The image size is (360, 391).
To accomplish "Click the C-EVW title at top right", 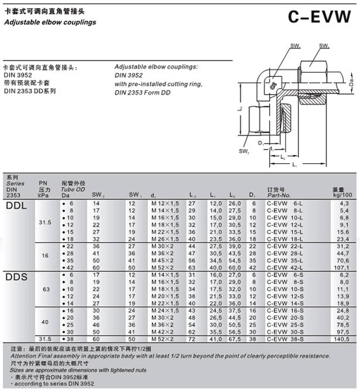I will pyautogui.click(x=319, y=16).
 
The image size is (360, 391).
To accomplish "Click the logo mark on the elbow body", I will pyautogui.click(x=272, y=85).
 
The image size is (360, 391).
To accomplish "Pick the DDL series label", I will pyautogui.click(x=16, y=205).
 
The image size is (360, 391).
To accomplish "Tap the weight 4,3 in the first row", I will pyautogui.click(x=344, y=204).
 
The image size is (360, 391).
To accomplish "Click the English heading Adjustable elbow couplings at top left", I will pyautogui.click(x=49, y=23).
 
